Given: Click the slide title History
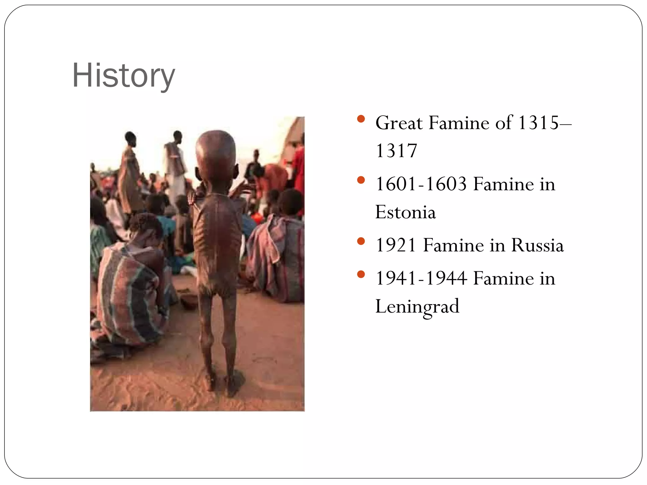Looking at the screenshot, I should coord(124,76).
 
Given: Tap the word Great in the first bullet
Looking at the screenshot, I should coord(399,123).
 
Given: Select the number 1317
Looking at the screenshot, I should coord(396,151).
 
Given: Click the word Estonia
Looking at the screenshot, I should coord(406,212).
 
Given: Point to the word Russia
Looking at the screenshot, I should coord(537,245).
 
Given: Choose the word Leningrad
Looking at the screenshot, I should coord(417,306).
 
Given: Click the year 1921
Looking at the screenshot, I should coord(396,245).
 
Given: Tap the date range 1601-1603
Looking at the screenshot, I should coord(421,184).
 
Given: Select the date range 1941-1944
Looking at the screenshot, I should coord(421,278).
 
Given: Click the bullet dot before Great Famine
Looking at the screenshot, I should coord(361,119).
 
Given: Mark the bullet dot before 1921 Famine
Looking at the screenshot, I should coord(361,242).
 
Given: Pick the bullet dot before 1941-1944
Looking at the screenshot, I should coord(361,274).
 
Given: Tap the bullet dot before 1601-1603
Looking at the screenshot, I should coord(361,180).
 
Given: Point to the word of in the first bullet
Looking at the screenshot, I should coord(504,123).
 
